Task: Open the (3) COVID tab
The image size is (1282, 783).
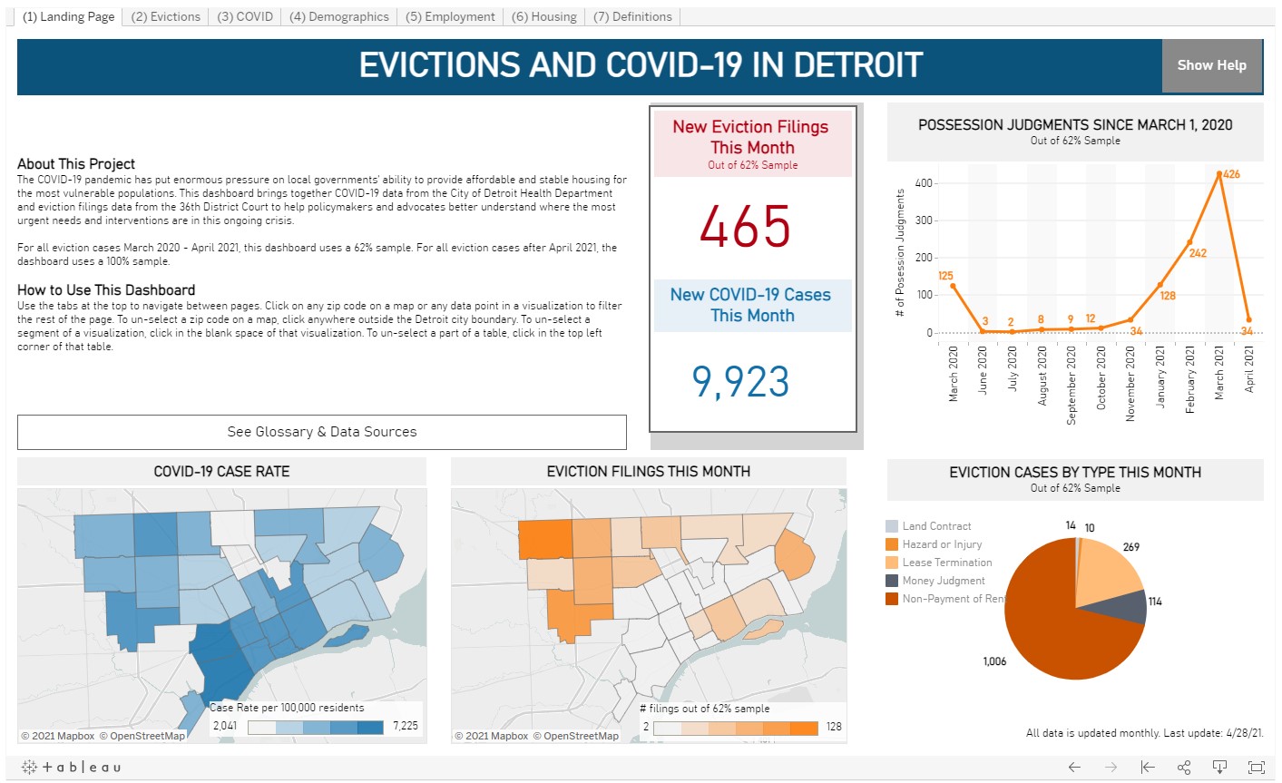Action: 245,16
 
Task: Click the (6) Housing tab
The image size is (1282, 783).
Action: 543,16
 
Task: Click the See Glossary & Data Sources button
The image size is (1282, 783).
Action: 322,432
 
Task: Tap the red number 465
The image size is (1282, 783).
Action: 745,226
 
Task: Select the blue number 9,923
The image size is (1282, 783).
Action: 740,381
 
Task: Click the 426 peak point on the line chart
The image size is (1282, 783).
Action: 1219,174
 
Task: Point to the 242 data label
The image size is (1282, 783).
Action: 1198,253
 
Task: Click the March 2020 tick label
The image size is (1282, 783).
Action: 954,373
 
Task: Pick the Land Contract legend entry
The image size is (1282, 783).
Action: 936,526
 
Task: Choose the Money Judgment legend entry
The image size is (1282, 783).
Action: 943,581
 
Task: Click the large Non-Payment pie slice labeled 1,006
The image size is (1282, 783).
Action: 1062,626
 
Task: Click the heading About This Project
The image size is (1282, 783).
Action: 76,164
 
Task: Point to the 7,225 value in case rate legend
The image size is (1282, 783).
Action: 405,726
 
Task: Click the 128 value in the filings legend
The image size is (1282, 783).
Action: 834,727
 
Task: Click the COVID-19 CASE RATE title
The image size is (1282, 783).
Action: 221,471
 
